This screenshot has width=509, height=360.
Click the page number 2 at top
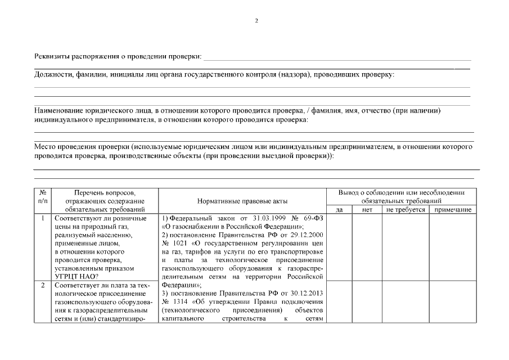pyautogui.click(x=256, y=21)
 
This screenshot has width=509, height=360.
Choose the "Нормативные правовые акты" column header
pyautogui.click(x=242, y=201)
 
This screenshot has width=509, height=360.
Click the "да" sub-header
pyautogui.click(x=339, y=210)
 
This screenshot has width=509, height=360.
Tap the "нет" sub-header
pyautogui.click(x=368, y=210)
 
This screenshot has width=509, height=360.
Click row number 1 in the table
pyautogui.click(x=43, y=218)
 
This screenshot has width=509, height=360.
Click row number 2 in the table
pyautogui.click(x=43, y=285)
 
